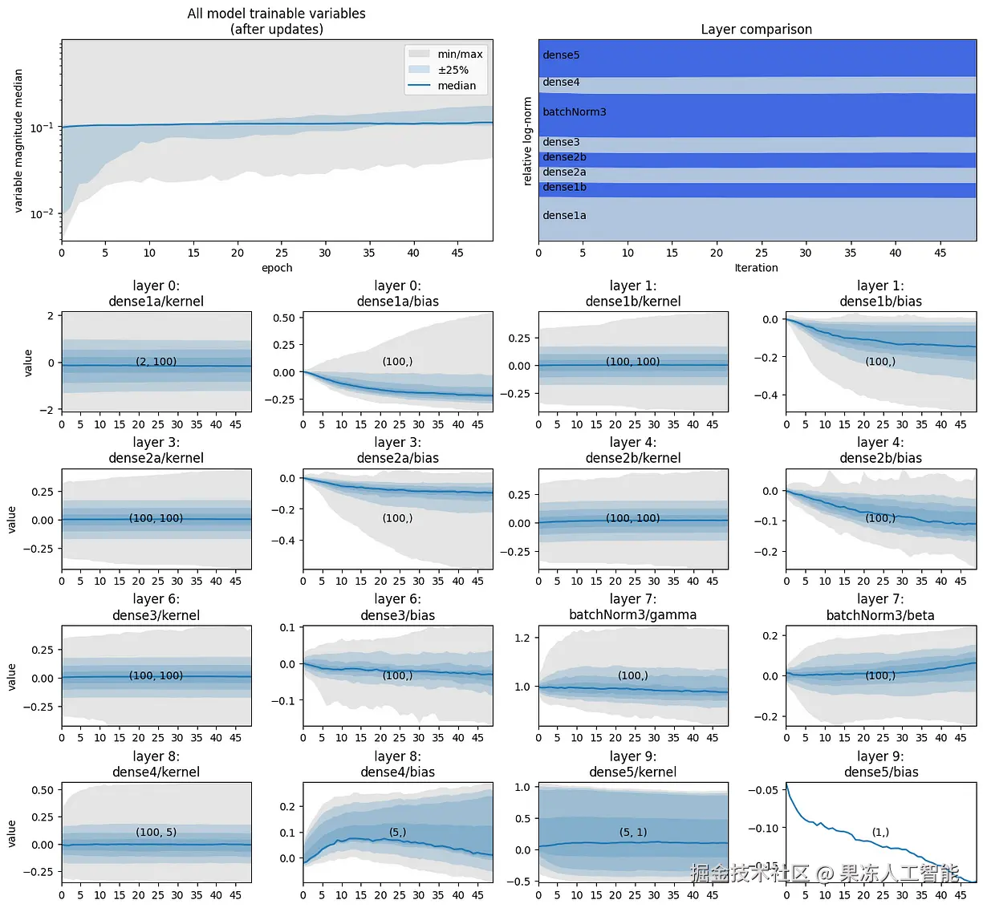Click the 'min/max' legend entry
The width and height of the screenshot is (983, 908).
coord(459,54)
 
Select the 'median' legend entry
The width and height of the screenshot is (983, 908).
coord(456,86)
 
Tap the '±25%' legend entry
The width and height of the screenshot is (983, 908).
coord(453,70)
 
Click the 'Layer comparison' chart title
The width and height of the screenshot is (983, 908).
coord(756,30)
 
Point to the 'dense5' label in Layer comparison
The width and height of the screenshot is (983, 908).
coord(561,55)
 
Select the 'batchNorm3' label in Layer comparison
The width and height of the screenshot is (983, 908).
coord(574,112)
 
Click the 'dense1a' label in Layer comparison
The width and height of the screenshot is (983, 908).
coord(564,216)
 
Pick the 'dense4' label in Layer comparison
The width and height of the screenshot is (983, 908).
coord(561,82)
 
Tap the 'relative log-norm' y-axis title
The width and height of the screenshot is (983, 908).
coord(527,141)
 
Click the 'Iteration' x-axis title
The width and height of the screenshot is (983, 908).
coord(756,268)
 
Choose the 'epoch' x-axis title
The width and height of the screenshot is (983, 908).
coord(277,268)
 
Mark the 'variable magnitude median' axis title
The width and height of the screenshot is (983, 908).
coord(18,140)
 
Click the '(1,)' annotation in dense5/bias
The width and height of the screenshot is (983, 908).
coord(880,833)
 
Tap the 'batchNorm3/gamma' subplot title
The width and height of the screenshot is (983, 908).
coord(632,615)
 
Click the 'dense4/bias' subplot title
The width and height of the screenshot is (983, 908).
coord(397,772)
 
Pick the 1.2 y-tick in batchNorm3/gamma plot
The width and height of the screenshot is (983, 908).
coord(522,638)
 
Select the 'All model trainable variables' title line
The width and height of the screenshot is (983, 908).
coord(276,14)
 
